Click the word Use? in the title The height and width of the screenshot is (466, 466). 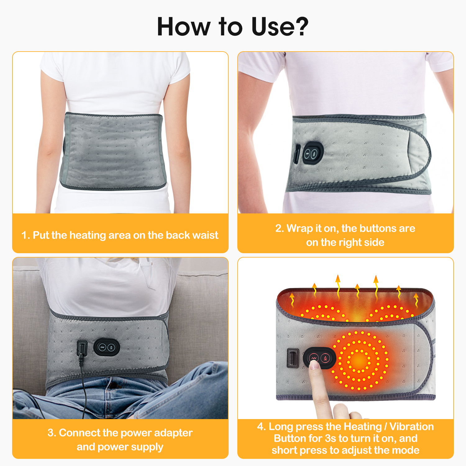tap(280, 27)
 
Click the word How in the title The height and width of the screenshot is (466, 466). tap(184, 27)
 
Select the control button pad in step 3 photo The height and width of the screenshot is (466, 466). tap(107, 347)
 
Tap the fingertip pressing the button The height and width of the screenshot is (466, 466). tap(314, 364)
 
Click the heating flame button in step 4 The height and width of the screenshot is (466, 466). tap(325, 358)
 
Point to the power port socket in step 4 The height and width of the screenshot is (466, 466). tap(292, 358)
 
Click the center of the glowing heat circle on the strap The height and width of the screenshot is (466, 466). tap(359, 360)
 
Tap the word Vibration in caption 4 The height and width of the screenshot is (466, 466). tap(412, 427)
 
